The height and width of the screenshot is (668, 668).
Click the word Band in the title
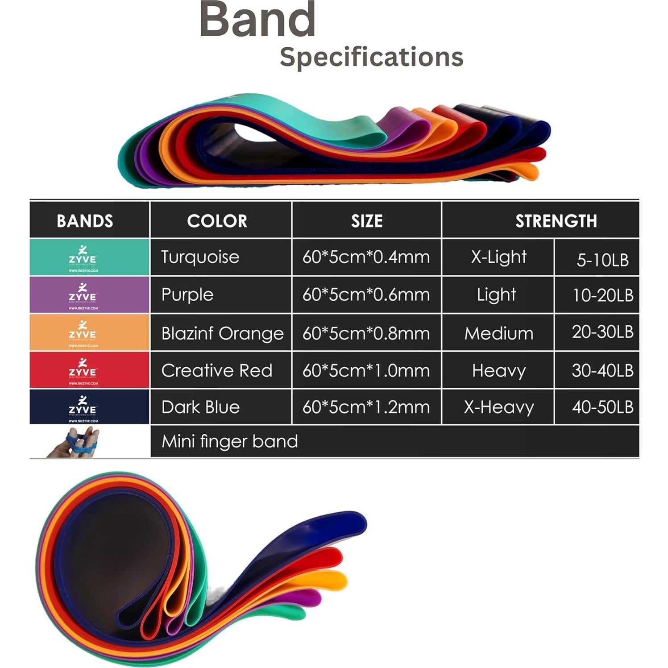(257, 20)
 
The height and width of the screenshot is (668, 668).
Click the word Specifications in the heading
(371, 57)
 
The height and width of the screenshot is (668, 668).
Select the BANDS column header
(85, 221)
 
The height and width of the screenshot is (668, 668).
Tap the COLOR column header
(217, 221)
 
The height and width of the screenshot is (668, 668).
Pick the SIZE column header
(367, 221)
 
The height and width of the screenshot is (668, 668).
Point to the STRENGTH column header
(556, 221)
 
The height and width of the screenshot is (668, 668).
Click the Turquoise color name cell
(200, 257)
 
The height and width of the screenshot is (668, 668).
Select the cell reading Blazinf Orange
(222, 333)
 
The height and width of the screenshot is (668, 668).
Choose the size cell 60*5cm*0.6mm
(366, 295)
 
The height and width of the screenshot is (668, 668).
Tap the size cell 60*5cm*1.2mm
(366, 407)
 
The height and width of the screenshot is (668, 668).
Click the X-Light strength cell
(498, 257)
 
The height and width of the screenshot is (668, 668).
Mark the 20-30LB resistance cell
(602, 332)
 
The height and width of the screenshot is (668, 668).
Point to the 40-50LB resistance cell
(602, 407)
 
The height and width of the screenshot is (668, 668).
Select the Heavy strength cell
(498, 371)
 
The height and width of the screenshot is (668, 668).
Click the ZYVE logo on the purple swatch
(83, 295)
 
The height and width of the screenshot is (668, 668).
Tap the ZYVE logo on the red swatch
(83, 370)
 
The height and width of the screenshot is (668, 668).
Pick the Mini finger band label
(229, 441)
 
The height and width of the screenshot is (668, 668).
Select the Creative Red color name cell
(216, 371)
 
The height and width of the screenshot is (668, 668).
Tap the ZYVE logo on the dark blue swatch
(83, 407)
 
